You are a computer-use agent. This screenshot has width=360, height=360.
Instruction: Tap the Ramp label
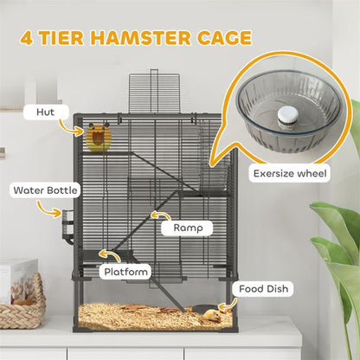pyautogui.click(x=187, y=228)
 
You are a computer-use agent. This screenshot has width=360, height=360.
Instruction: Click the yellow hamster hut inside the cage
pyautogui.click(x=99, y=138)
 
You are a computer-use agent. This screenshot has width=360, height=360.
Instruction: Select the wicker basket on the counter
pyautogui.click(x=21, y=303)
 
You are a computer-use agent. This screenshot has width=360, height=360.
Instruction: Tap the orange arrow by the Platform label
pyautogui.click(x=108, y=255)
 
